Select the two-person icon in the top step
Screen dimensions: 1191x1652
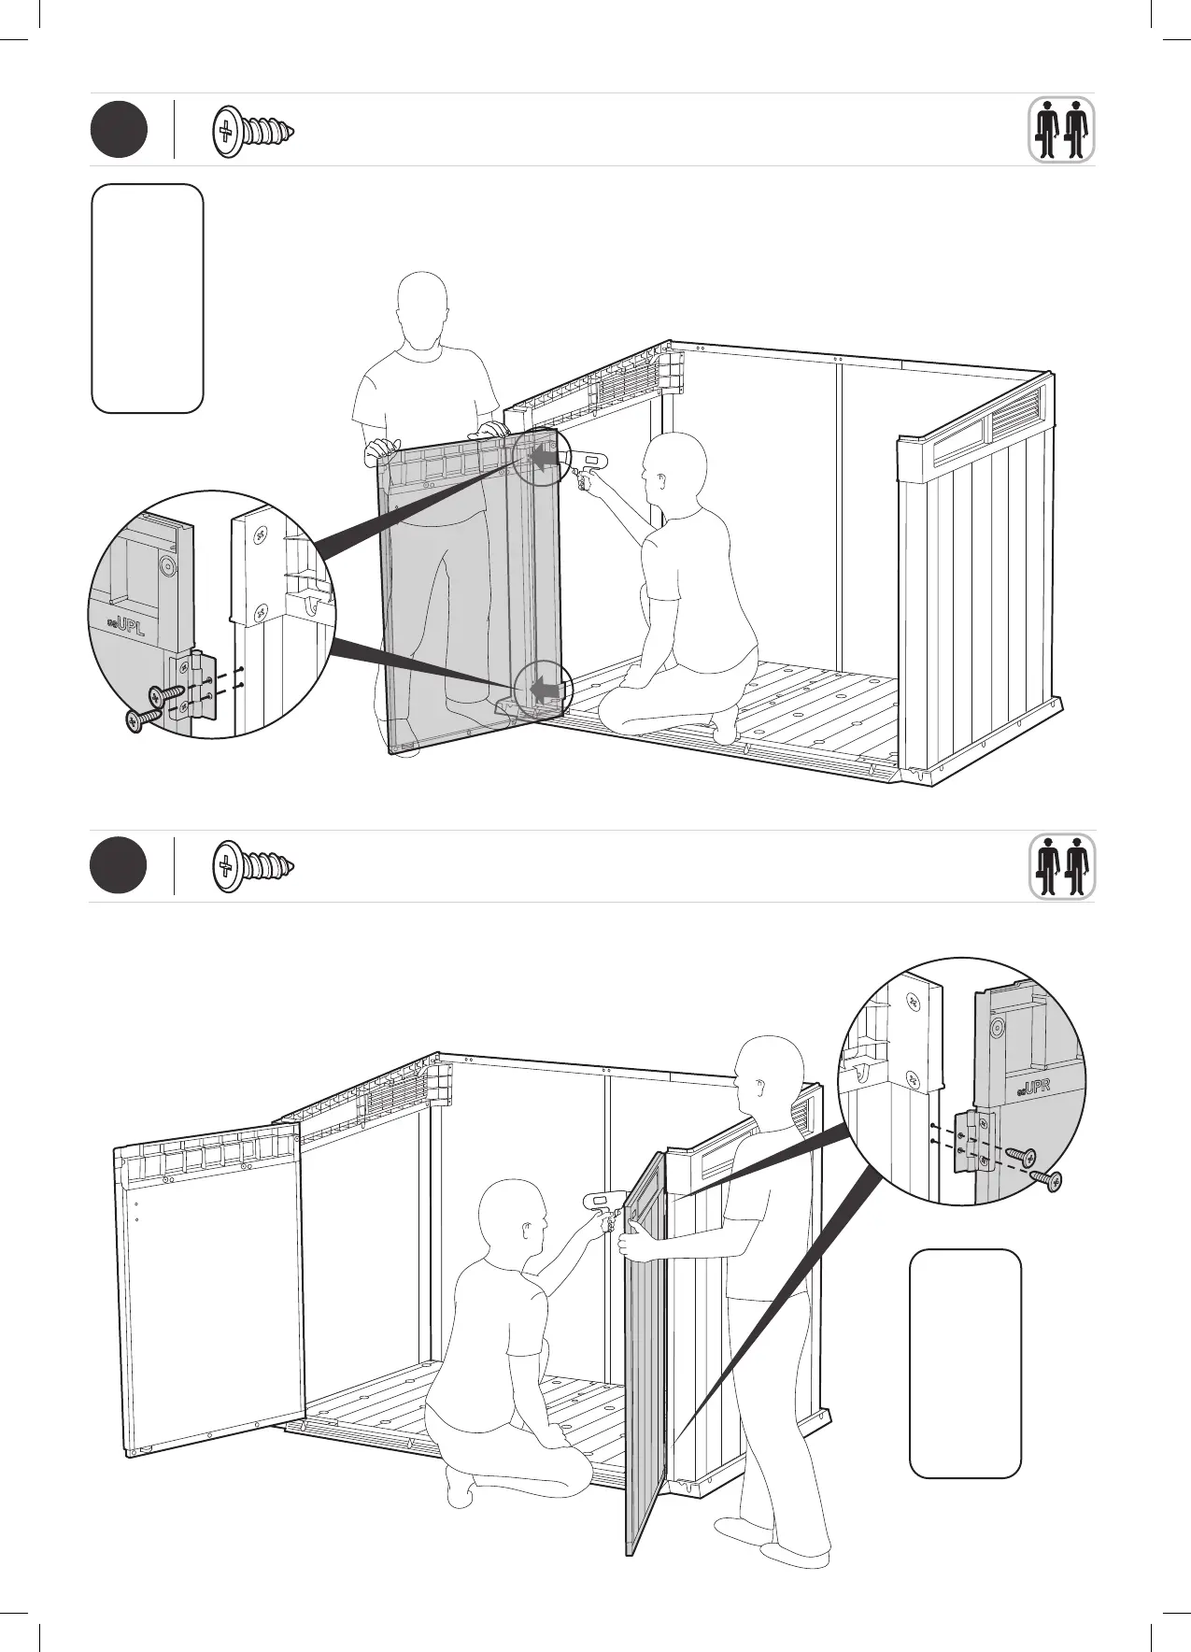pos(1062,130)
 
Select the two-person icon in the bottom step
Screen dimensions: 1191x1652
pos(1062,866)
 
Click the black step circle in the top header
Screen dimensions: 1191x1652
pos(119,130)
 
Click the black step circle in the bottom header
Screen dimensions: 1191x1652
pos(119,866)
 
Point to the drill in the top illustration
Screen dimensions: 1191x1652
pos(585,463)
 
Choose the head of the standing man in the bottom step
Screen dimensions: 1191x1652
pos(768,1073)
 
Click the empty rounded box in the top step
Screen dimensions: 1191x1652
pos(148,298)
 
